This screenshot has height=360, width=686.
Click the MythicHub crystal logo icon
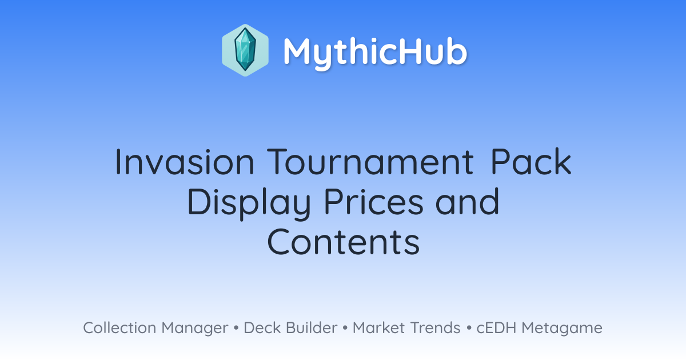[245, 50]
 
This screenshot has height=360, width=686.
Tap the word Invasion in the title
[185, 162]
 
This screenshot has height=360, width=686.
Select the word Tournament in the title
[370, 162]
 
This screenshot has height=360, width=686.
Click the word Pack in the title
[531, 162]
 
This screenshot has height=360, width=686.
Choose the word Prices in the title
[374, 202]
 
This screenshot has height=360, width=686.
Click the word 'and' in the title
[468, 202]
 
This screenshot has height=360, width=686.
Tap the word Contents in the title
[344, 242]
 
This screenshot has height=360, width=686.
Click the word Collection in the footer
[119, 327]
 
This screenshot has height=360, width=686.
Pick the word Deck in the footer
[262, 327]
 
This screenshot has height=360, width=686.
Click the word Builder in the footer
[312, 327]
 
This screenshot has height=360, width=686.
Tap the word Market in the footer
[378, 327]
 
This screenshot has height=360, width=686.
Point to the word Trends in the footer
[435, 327]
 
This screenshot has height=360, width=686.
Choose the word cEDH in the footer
[496, 327]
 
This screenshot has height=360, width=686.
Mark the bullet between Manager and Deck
[236, 328]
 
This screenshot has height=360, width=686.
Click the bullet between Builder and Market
[345, 328]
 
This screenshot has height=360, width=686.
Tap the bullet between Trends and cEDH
[469, 328]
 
